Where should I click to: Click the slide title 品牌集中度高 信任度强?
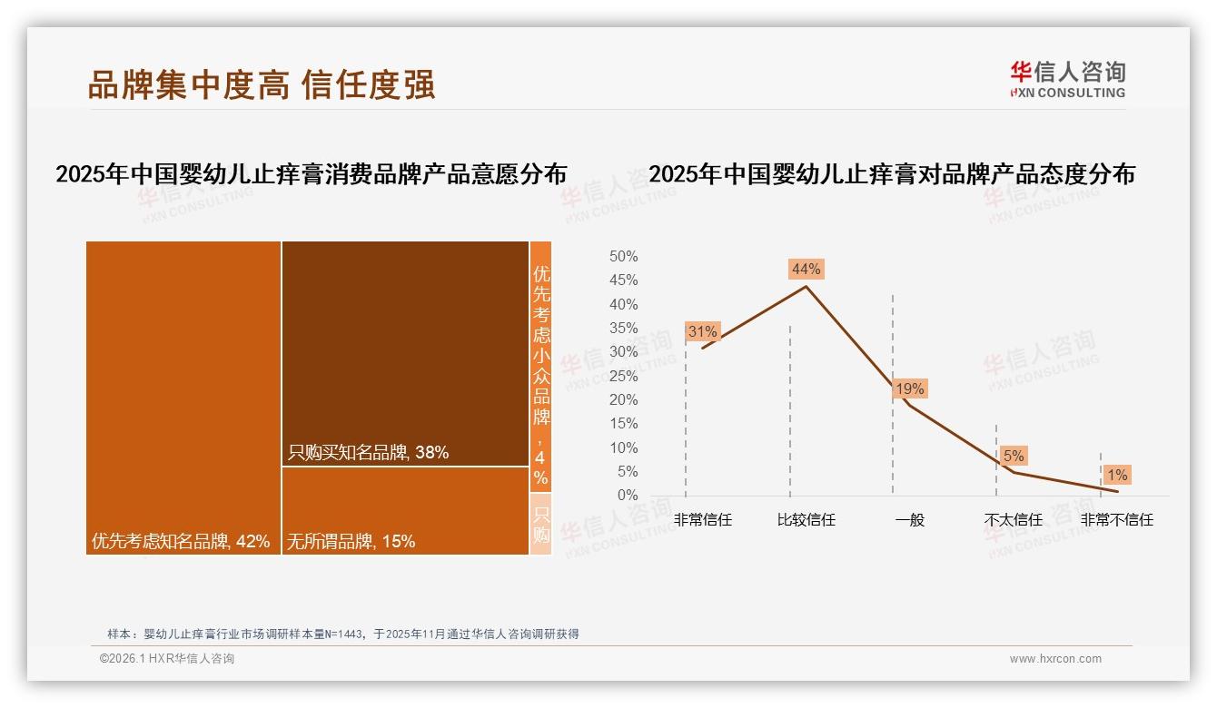point(262,84)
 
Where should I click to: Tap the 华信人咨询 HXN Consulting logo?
point(1067,80)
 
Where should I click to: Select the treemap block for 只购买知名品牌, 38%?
point(405,353)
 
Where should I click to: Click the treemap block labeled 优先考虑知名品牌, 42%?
point(183,397)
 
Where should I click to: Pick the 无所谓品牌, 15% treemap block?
point(405,510)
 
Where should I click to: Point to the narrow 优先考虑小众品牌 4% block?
point(540,366)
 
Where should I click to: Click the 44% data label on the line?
point(806,269)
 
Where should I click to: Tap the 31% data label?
point(702,332)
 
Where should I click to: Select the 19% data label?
point(909,389)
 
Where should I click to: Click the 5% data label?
point(1014,456)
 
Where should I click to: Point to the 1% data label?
point(1117,475)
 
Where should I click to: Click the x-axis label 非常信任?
point(702,520)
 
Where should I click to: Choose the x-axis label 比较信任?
point(806,520)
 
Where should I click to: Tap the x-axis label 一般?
point(909,520)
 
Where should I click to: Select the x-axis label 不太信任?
point(1014,520)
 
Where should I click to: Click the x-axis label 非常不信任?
point(1117,520)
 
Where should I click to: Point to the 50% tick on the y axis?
point(623,257)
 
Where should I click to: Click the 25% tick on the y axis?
point(623,376)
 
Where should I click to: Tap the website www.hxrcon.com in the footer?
point(1055,659)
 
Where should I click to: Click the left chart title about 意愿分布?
point(311,174)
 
